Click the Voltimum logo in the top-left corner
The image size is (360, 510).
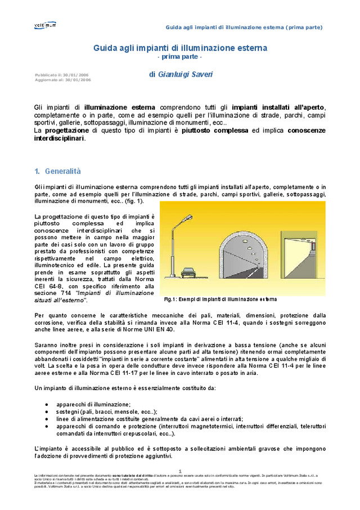point(45,25)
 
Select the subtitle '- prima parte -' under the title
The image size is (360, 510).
point(179,57)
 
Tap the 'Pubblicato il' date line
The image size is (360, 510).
point(61,75)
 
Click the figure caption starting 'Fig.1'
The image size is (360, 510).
point(220,299)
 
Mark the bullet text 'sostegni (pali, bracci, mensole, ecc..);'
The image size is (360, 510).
point(107,411)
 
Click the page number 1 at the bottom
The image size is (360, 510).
point(180,471)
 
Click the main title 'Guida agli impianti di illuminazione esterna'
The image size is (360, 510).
point(180,48)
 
